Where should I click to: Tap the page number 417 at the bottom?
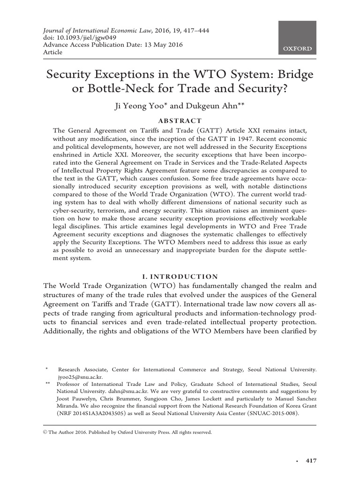pyautogui.click(x=311, y=461)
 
